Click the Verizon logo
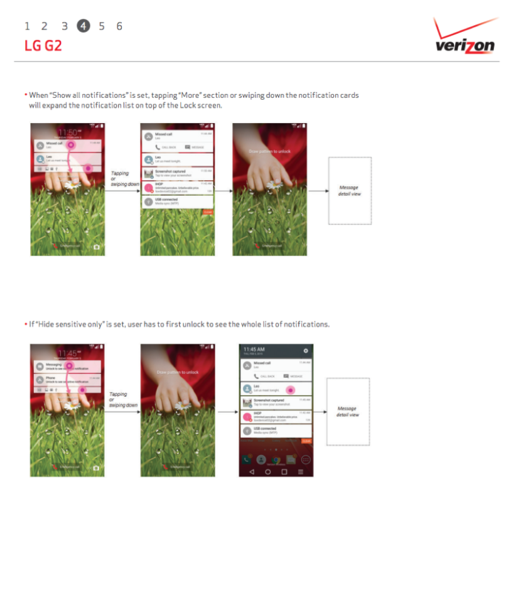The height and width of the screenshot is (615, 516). coord(465,39)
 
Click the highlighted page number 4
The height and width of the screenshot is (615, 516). coord(83,26)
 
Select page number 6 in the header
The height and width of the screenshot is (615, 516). coord(119,26)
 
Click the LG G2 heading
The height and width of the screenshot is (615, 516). coord(43,46)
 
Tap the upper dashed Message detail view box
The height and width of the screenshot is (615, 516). coord(350,191)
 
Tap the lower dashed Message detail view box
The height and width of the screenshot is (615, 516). coord(348,412)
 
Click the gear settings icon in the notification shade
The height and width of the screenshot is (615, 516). coord(306,350)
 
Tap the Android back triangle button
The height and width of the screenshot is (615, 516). coord(252,471)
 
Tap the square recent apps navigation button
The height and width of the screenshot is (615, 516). coord(284,471)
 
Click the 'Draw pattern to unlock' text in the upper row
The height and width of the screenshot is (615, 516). coord(271,152)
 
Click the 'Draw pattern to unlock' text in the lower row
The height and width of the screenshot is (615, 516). coord(178,373)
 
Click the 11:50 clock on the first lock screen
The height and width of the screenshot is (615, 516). coord(67,132)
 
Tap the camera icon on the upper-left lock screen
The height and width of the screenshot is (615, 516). coord(97,247)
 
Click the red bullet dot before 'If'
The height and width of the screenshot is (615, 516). coord(26,324)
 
